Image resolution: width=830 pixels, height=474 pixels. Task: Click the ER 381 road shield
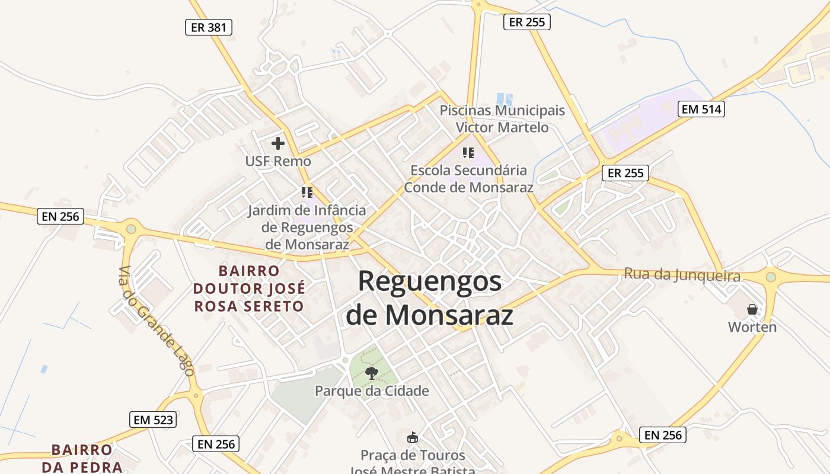(x=208, y=27)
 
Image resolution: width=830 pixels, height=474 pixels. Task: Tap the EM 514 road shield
(x=701, y=109)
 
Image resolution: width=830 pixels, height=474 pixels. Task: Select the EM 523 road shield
(x=153, y=419)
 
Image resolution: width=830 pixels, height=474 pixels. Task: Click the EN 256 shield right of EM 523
(x=216, y=443)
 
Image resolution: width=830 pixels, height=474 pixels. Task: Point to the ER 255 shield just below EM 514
(x=625, y=173)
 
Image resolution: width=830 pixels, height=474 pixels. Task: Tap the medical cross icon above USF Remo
(x=277, y=143)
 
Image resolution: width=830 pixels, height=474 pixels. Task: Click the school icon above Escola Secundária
(x=468, y=153)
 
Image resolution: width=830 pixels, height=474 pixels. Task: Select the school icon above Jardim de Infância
(x=307, y=193)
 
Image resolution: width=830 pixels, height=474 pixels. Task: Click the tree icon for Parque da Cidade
(x=372, y=373)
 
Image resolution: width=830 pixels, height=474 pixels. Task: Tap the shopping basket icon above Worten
(x=752, y=309)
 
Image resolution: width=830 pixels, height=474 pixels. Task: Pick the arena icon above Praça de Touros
(x=412, y=438)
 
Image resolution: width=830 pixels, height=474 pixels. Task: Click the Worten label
(x=752, y=327)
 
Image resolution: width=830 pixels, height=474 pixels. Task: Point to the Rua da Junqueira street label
(x=682, y=276)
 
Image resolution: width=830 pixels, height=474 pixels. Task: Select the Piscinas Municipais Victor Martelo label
(x=502, y=118)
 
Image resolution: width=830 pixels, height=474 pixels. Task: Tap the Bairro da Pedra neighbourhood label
(x=82, y=458)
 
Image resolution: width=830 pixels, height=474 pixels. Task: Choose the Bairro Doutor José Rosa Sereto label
(x=249, y=289)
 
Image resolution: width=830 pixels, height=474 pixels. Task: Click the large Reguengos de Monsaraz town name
(x=430, y=298)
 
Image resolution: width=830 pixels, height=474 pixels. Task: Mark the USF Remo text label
(x=278, y=161)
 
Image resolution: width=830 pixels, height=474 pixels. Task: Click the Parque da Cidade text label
(x=372, y=391)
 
